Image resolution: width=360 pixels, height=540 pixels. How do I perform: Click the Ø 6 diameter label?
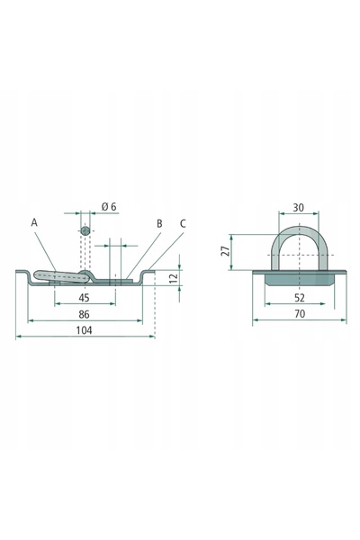[109, 207]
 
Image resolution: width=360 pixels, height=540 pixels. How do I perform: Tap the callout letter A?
[34, 222]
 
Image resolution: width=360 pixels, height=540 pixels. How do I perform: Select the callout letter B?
[159, 223]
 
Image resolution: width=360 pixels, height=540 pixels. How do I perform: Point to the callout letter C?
[183, 223]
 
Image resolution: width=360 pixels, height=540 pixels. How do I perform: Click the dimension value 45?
[84, 298]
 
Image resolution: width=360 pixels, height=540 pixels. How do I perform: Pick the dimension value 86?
[84, 314]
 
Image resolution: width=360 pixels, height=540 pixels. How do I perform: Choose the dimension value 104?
[84, 330]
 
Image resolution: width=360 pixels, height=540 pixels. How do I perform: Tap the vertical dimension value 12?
[175, 277]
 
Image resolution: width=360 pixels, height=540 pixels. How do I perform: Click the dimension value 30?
[298, 208]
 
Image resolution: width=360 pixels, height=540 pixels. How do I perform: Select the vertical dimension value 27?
[225, 251]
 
